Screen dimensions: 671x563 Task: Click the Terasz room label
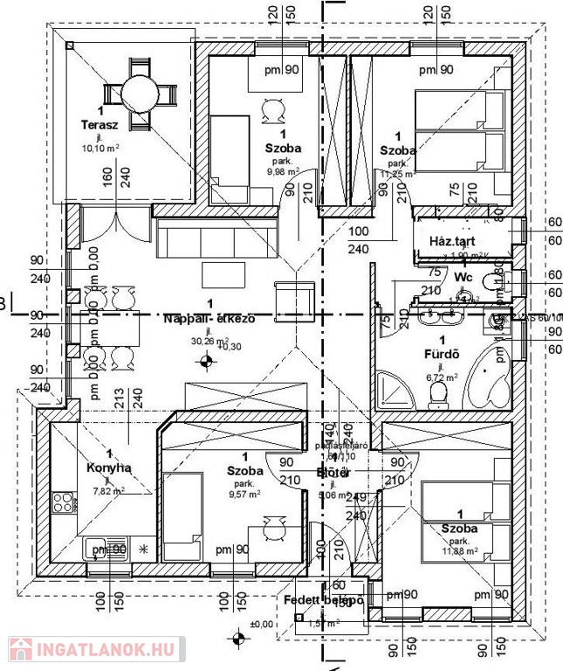click(101, 126)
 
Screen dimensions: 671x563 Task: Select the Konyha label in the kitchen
click(109, 467)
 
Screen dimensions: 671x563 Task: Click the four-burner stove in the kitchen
click(63, 502)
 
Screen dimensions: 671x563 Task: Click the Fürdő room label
click(442, 356)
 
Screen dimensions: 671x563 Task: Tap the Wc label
click(463, 277)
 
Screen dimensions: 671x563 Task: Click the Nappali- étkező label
click(209, 319)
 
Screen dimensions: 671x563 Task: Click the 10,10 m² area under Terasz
click(100, 149)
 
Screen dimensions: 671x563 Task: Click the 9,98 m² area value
click(282, 171)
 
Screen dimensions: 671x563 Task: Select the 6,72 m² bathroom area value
click(442, 378)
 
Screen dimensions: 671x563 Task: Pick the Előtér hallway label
click(333, 473)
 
